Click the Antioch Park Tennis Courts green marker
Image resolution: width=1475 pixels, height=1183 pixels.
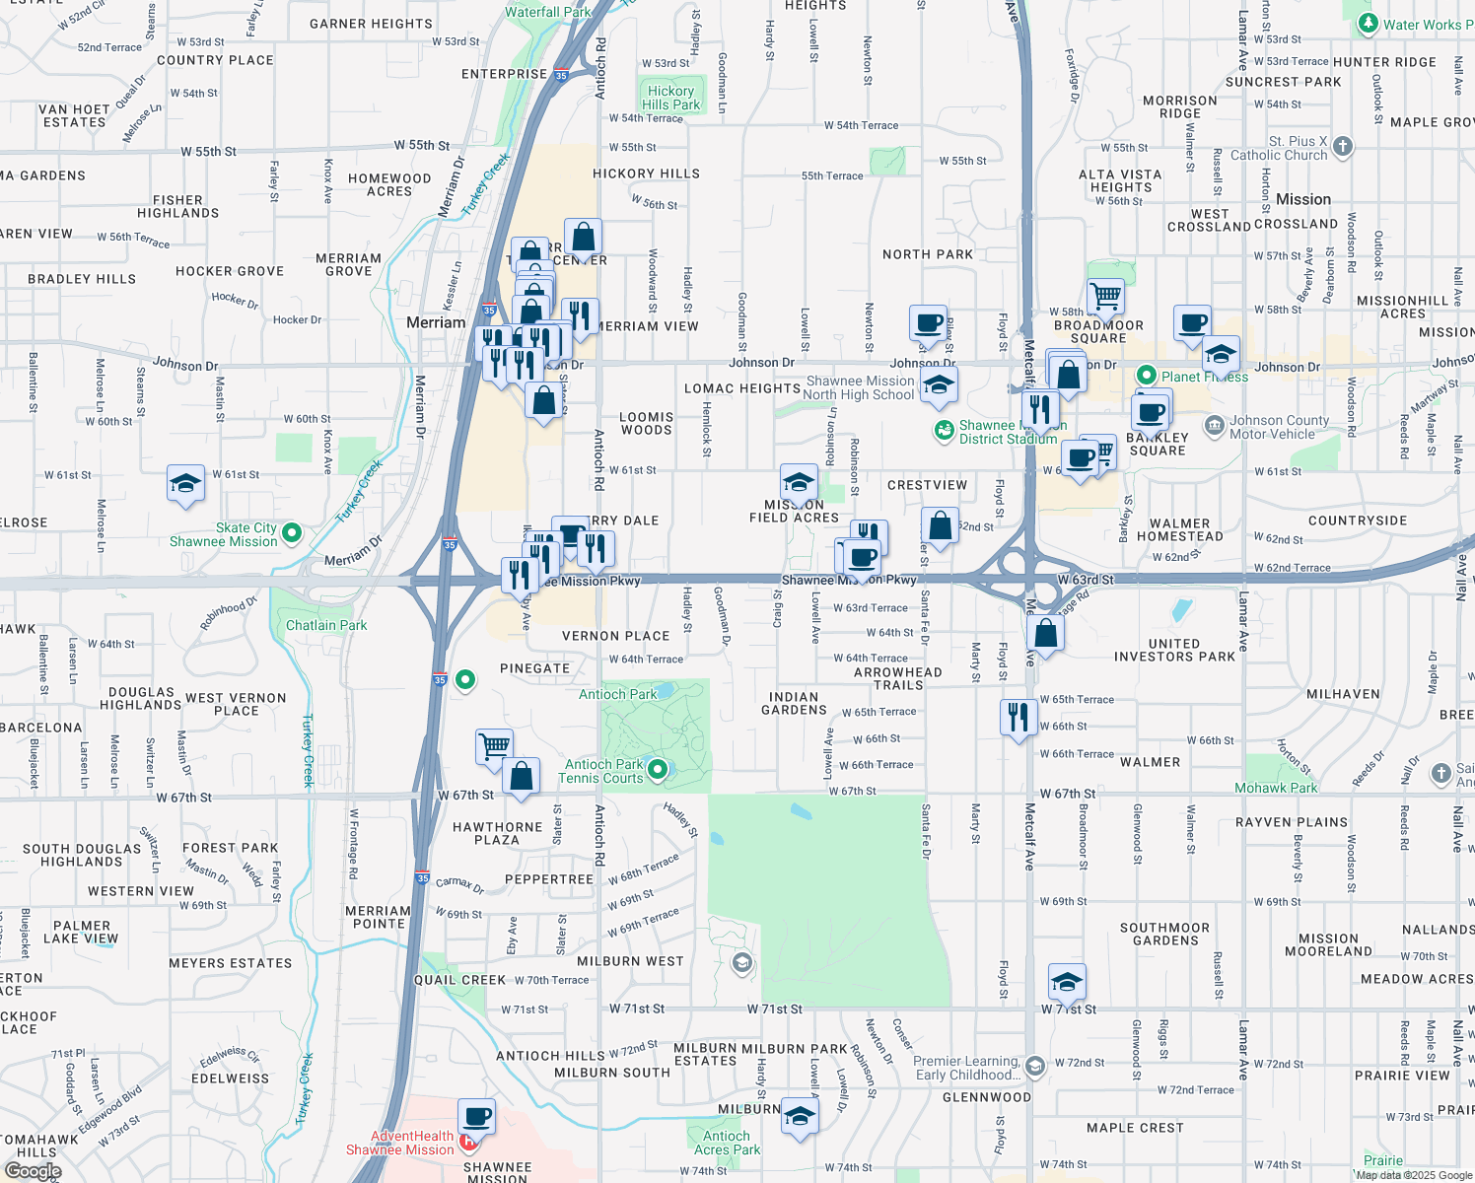click(658, 769)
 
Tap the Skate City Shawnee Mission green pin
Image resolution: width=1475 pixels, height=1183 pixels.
click(291, 533)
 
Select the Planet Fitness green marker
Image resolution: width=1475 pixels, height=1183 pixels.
click(1146, 376)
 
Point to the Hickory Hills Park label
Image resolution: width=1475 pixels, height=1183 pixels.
click(670, 98)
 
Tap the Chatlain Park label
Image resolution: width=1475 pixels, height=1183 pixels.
click(325, 625)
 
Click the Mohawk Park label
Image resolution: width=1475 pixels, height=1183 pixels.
click(1276, 788)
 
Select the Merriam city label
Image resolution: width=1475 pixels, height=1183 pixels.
click(436, 322)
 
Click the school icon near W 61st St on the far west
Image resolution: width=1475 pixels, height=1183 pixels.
click(185, 484)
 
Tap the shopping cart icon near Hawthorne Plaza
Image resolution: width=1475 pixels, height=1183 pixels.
click(494, 745)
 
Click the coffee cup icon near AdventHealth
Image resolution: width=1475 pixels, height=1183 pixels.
click(477, 1117)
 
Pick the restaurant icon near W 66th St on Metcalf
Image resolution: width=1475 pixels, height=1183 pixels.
click(1018, 717)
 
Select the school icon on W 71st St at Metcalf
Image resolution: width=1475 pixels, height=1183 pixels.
click(1067, 982)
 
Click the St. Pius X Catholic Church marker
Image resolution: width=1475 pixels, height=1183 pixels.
click(1342, 148)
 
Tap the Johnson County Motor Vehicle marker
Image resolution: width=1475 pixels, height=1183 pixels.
click(1214, 427)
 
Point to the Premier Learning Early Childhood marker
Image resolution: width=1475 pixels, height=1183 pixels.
click(1034, 1066)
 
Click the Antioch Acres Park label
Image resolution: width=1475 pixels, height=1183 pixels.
click(727, 1143)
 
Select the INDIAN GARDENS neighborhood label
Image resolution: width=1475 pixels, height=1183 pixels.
click(794, 703)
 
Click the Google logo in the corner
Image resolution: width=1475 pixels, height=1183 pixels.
click(33, 1171)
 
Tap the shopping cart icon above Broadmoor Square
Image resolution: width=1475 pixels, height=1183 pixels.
click(1105, 295)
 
